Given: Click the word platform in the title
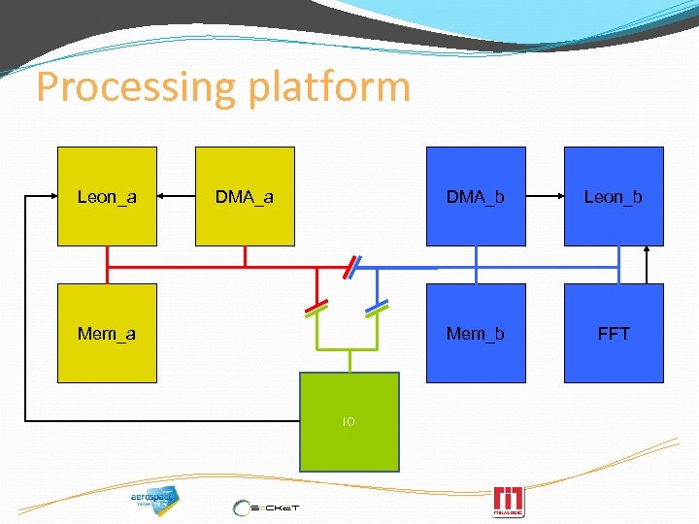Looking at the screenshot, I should tap(329, 87).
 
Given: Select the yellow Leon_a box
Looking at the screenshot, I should tap(107, 196).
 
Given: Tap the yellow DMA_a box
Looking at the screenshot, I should tap(245, 196).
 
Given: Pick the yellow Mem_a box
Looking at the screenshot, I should tap(107, 333).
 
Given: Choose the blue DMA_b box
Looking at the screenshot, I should tap(476, 196).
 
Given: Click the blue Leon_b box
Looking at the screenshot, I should tap(614, 196).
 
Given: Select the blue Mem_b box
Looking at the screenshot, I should tap(476, 333).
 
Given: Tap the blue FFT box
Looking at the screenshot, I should tap(614, 333).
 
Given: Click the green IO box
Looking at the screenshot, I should tap(349, 421).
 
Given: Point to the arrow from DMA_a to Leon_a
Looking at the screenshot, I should tap(177, 196).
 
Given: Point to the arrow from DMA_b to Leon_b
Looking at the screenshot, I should tap(545, 196).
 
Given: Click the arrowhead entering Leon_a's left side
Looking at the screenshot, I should tap(52, 196).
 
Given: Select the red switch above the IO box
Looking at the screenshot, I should tap(317, 308).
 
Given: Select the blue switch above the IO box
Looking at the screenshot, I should tap(377, 308).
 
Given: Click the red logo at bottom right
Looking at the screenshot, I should tap(509, 501).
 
